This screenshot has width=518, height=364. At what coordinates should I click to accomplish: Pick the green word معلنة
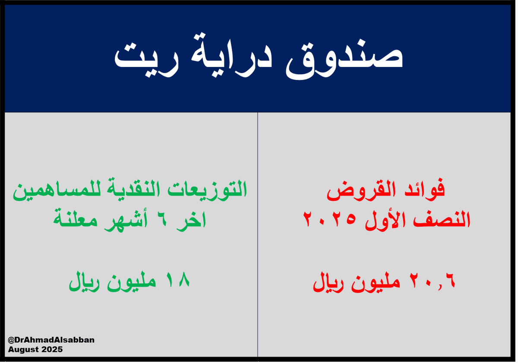click(80, 220)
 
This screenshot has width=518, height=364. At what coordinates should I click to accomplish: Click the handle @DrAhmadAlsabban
click(51, 340)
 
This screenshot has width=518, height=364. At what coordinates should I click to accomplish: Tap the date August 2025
click(35, 349)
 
